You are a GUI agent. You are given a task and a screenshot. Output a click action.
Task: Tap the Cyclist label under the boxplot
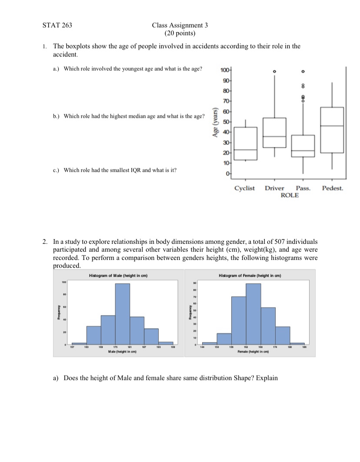tap(245, 188)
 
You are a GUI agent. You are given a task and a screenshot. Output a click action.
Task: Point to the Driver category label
tap(274, 188)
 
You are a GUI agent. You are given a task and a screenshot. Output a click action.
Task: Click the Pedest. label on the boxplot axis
tap(333, 188)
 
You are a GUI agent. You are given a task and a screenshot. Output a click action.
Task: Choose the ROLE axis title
tap(290, 196)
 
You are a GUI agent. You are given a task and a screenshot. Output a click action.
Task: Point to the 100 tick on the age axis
tap(224, 71)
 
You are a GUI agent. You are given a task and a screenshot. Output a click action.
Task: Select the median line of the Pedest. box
tap(332, 126)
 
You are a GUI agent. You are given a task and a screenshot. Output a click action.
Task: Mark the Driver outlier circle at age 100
tap(274, 71)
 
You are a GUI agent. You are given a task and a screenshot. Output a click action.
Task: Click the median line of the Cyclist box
tap(245, 150)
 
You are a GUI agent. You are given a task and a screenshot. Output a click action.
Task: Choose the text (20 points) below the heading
tap(180, 33)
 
